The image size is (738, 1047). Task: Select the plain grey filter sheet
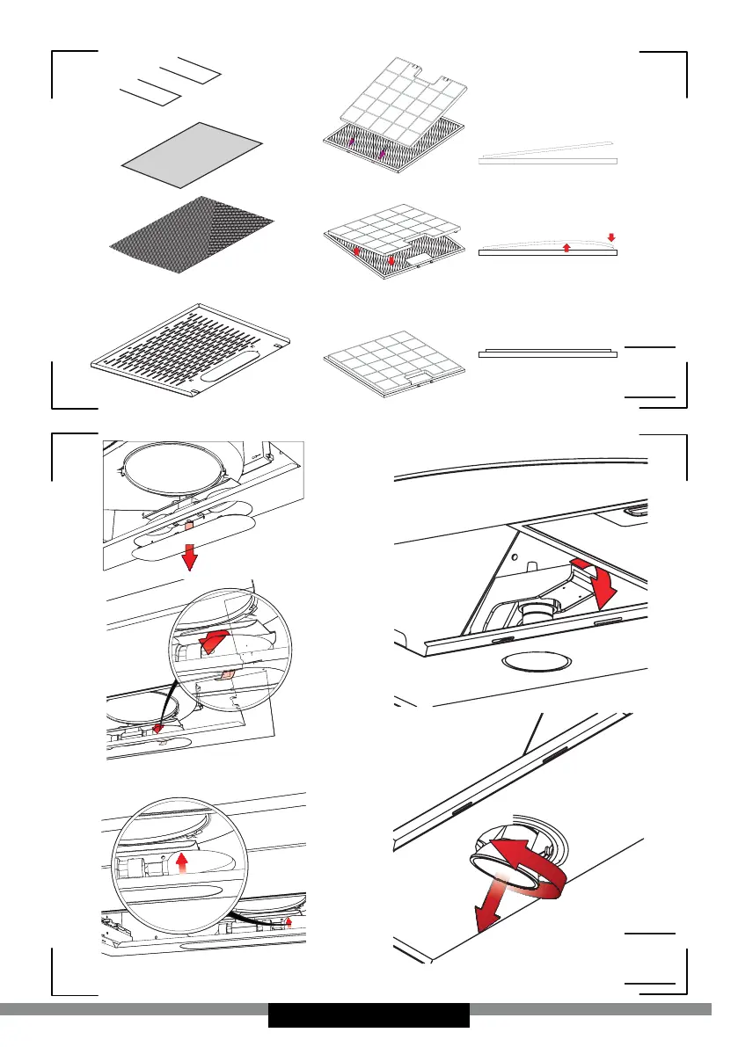(192, 155)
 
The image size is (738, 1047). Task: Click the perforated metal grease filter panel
(193, 352)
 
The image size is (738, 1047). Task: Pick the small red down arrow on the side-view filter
(611, 237)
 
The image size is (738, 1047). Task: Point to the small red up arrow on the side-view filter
(566, 248)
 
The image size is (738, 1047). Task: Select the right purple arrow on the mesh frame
(383, 155)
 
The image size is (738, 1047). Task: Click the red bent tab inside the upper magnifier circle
(214, 641)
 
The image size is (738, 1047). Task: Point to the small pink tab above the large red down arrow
(188, 525)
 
